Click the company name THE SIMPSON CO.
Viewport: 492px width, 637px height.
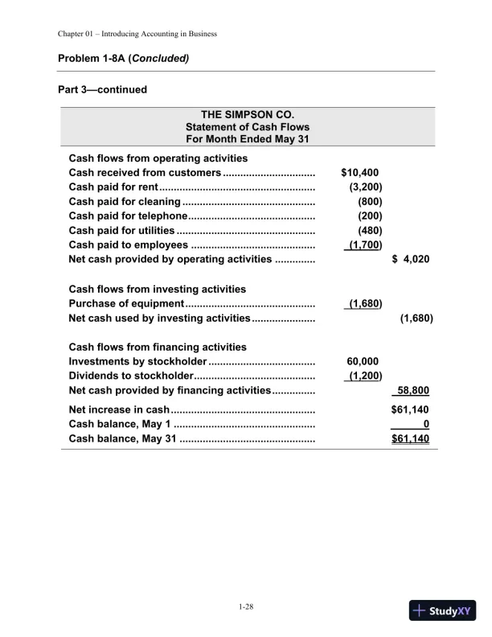247,114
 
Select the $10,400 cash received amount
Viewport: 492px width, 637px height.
360,172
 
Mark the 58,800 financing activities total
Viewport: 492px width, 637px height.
413,391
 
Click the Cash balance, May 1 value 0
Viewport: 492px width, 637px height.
426,424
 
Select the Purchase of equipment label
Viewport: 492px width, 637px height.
127,304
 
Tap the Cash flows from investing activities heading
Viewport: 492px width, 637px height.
158,289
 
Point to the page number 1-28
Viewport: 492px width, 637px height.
246,606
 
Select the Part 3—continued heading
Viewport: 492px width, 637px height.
103,89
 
